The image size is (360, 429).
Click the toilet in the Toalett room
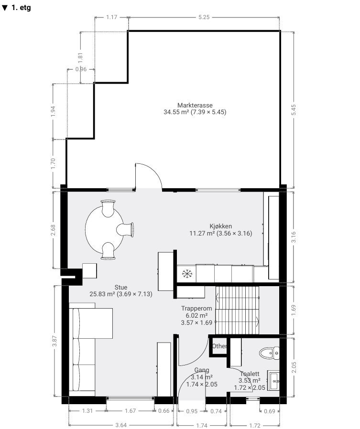coord(269,353)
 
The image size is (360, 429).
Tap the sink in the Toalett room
coord(273,381)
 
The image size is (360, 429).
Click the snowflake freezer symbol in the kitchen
coord(187,274)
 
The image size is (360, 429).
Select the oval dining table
coord(104,229)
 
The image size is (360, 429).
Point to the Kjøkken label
coord(221,226)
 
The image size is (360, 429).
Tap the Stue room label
coord(121,287)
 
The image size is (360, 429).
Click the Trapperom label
coord(196,308)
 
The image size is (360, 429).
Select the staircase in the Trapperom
coord(237,310)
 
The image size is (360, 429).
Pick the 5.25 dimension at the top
coord(204,17)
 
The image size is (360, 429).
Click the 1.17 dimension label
coord(112,17)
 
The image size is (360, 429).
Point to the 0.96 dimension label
coord(81,69)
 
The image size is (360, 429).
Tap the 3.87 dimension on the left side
coord(55,341)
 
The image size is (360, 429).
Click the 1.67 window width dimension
coord(131,411)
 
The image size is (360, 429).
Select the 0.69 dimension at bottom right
coord(269,411)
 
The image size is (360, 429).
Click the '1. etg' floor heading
coord(16,7)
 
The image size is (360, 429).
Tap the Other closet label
coord(219,346)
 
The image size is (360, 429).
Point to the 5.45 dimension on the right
coord(294,110)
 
